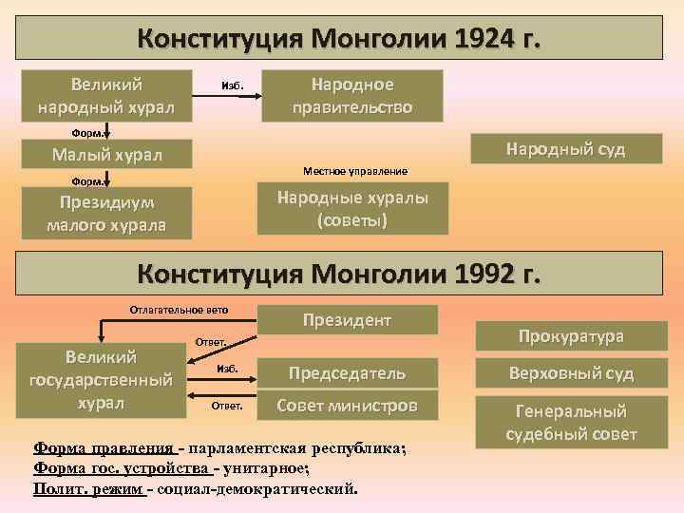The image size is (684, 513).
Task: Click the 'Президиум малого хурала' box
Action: pyautogui.click(x=105, y=214)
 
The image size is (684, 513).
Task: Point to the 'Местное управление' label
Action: pyautogui.click(x=354, y=171)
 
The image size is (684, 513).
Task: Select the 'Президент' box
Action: pyautogui.click(x=347, y=320)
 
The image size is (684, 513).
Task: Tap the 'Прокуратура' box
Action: pyautogui.click(x=570, y=336)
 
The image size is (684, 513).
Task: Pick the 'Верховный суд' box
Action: pyautogui.click(x=570, y=373)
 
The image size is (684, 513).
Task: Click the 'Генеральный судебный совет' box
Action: pyautogui.click(x=570, y=423)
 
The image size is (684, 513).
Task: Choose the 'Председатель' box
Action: pyautogui.click(x=347, y=373)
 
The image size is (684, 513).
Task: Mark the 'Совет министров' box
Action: pyautogui.click(x=347, y=406)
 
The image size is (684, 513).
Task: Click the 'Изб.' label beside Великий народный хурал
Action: pyautogui.click(x=232, y=85)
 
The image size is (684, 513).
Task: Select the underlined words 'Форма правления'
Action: pyautogui.click(x=104, y=449)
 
